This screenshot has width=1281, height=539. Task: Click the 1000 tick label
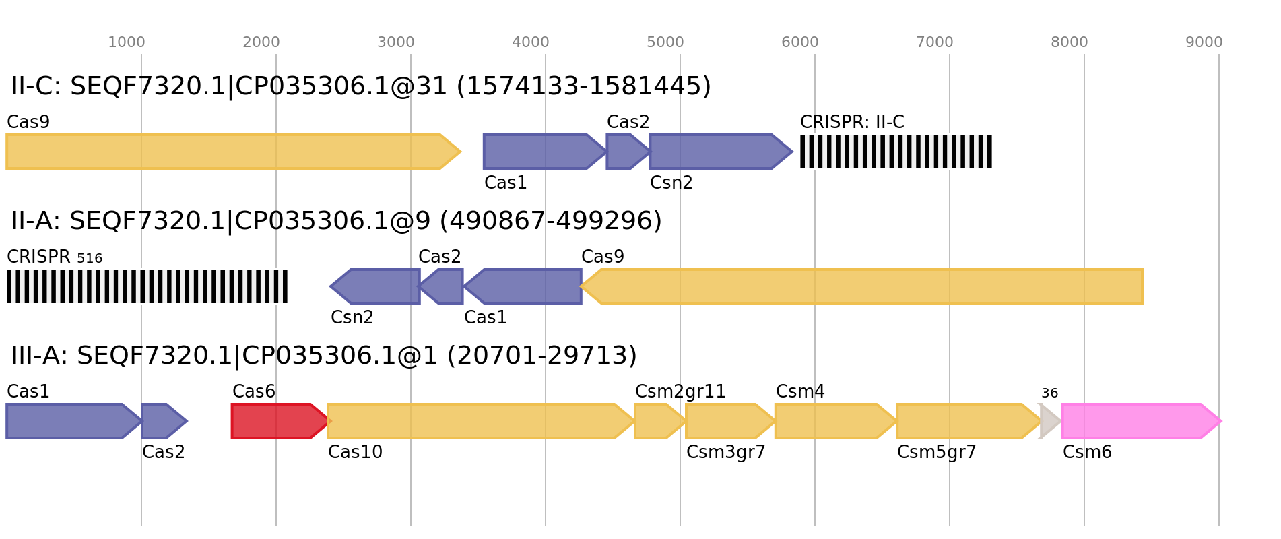coord(127,42)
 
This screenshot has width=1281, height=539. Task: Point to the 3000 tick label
coord(396,42)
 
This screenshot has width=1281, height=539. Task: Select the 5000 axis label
coord(665,42)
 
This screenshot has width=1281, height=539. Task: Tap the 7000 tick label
coord(935,42)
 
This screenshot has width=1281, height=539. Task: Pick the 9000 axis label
coord(1204,42)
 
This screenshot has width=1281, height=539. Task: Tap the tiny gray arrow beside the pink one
coord(1049,421)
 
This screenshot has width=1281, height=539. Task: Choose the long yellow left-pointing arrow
coord(862,286)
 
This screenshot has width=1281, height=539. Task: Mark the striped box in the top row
coord(896,152)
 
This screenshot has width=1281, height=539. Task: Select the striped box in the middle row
coord(147,286)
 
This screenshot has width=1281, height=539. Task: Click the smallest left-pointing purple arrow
coord(443,286)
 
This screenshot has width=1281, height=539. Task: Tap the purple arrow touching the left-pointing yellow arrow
coord(525,286)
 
